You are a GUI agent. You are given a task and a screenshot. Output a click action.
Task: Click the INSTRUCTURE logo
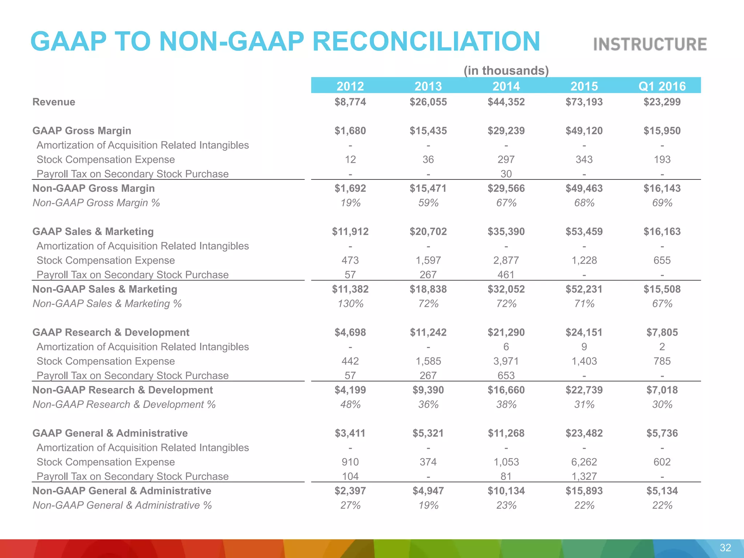click(x=650, y=44)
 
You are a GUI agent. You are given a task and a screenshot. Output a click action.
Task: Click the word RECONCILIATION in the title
click(x=426, y=41)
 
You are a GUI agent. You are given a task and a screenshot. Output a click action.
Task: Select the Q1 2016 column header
click(x=662, y=86)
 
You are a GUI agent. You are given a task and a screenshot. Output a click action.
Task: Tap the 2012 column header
click(x=350, y=86)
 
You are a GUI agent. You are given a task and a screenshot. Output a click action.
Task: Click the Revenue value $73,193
click(x=584, y=102)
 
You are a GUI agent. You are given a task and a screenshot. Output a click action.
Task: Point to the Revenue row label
click(x=54, y=102)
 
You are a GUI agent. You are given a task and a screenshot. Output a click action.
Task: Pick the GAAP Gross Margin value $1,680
click(x=350, y=131)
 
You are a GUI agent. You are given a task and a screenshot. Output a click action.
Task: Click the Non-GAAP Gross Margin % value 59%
click(x=428, y=203)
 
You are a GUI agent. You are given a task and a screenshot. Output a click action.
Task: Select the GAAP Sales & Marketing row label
click(x=93, y=231)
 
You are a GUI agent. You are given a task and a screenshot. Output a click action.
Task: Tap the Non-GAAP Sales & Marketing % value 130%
click(x=350, y=304)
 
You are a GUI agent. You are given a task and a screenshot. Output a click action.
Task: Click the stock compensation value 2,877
click(x=506, y=260)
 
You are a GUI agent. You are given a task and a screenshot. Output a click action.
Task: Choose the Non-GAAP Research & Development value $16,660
click(x=506, y=390)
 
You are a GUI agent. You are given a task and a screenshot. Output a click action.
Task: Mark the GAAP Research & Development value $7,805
click(x=662, y=332)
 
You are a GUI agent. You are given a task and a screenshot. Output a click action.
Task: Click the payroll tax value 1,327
click(x=584, y=476)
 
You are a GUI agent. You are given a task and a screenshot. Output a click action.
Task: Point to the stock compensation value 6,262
click(x=584, y=462)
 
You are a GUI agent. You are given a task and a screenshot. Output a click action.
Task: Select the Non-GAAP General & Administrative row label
click(x=122, y=491)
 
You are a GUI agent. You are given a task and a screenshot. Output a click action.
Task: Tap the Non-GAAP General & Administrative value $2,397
click(x=350, y=491)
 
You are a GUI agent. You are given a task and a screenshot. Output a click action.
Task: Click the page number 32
click(x=725, y=548)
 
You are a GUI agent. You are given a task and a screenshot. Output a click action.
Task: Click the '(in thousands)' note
click(x=506, y=70)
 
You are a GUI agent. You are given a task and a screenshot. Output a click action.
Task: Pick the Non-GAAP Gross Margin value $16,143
click(x=662, y=188)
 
